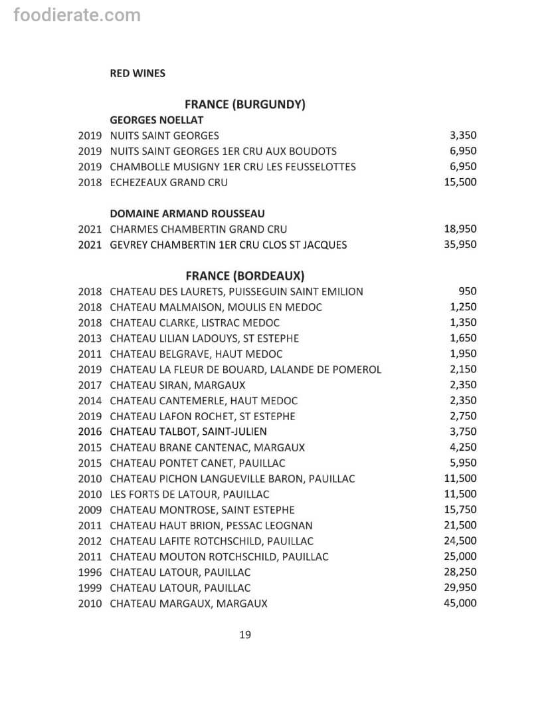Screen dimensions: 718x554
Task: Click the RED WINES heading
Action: [x=138, y=73]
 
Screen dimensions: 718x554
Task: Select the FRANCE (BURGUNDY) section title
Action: [x=244, y=104]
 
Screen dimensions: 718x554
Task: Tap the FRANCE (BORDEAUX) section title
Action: [x=244, y=275]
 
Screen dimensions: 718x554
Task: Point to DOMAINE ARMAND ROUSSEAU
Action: [x=187, y=213]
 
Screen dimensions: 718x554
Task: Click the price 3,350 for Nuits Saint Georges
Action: [x=463, y=136]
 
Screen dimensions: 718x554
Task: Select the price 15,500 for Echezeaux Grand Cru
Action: [x=460, y=182]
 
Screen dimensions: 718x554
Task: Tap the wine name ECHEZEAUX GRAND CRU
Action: [x=168, y=182]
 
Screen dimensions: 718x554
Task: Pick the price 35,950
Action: [x=460, y=244]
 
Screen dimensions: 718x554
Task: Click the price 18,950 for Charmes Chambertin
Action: [x=460, y=229]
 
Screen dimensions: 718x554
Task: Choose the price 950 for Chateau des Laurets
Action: [x=468, y=291]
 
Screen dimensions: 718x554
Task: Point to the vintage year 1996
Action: [x=90, y=572]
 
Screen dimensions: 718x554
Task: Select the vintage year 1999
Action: [x=90, y=588]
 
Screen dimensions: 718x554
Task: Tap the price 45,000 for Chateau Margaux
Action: [x=460, y=603]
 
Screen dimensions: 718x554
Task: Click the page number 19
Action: [x=244, y=635]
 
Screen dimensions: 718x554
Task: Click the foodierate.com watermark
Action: [x=77, y=15]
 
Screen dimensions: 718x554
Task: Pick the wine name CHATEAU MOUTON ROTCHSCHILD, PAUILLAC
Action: [x=219, y=556]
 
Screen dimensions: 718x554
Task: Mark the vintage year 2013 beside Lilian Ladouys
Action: [x=90, y=338]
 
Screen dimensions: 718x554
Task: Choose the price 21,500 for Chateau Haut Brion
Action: [x=460, y=525]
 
